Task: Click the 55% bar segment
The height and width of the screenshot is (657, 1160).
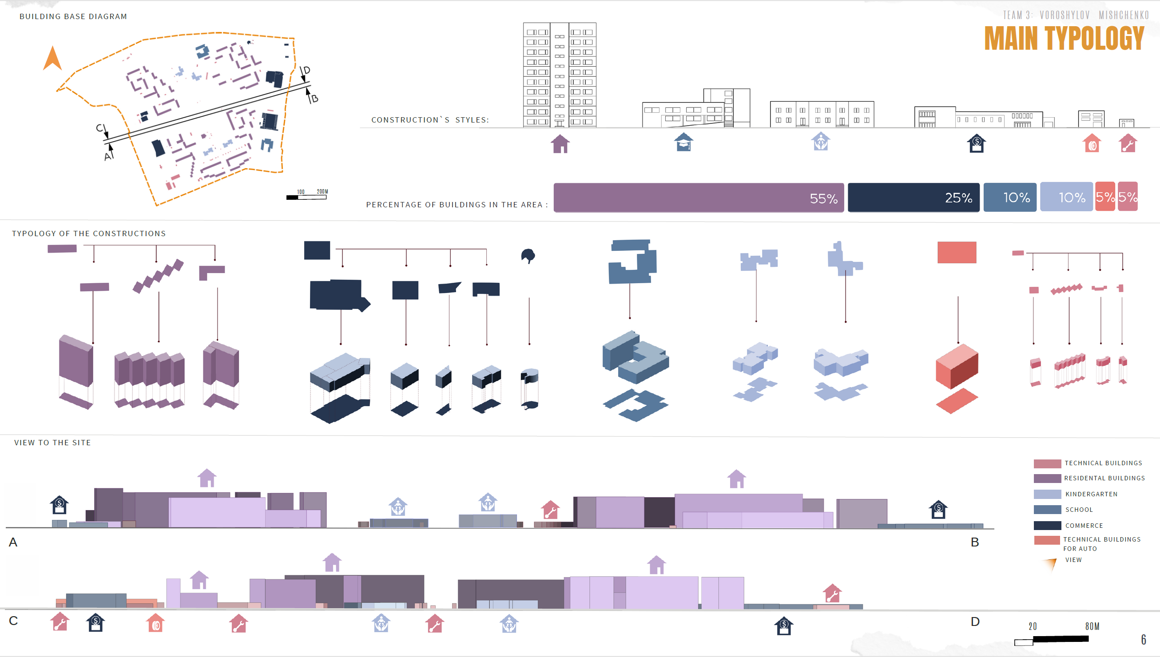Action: (698, 197)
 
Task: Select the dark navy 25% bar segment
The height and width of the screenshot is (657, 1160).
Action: (913, 197)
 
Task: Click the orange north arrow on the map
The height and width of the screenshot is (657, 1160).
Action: (52, 59)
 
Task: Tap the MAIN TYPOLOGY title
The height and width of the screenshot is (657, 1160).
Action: (1064, 38)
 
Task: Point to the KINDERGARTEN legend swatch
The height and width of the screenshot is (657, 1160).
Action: (1047, 494)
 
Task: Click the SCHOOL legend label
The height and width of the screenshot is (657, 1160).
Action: (1079, 510)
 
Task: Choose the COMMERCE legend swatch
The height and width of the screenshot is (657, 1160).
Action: (1047, 525)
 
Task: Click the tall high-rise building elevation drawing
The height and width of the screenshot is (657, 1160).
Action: (559, 75)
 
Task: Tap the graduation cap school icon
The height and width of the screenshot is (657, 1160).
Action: (683, 142)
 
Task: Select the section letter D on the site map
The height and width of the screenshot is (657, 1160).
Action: (306, 71)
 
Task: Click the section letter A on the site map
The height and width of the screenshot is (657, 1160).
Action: (108, 157)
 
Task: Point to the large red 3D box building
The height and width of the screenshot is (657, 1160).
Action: (957, 366)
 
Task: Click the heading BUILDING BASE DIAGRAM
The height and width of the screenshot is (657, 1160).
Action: (73, 17)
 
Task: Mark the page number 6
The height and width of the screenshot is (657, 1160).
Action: (1143, 639)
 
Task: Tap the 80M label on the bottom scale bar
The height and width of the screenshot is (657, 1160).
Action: (1092, 626)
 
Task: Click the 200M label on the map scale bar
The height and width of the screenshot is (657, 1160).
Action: (322, 191)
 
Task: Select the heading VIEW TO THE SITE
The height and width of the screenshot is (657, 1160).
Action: (52, 443)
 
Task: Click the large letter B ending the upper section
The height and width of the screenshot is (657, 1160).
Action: (974, 542)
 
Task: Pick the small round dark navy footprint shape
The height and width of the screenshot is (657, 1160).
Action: (528, 256)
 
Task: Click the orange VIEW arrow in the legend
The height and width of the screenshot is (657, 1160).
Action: (1051, 563)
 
